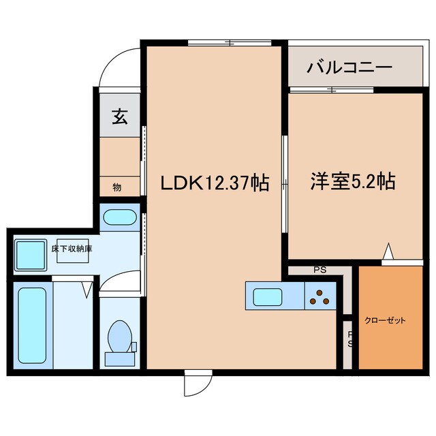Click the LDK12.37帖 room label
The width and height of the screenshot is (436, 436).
213,183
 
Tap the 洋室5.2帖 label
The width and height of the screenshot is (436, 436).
353,182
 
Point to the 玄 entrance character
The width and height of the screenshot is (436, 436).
119,118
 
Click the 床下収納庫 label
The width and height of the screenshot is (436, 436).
72,249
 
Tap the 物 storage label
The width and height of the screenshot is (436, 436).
116,187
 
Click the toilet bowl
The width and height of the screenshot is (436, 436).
119,335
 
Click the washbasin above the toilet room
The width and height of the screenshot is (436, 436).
120,219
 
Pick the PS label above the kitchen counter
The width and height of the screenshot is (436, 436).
320,270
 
